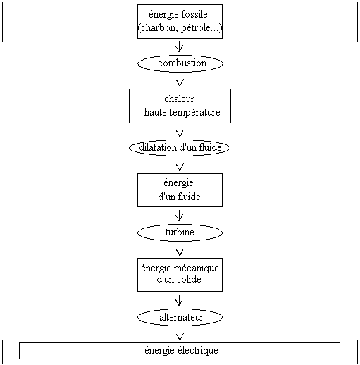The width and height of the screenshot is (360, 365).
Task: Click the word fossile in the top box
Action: (x=194, y=14)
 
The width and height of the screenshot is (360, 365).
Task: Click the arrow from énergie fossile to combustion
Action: (x=180, y=47)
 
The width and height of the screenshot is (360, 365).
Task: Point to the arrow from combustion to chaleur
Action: (x=180, y=80)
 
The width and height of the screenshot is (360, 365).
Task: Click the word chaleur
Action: (x=179, y=99)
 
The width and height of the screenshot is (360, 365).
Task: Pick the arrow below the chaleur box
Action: (x=180, y=131)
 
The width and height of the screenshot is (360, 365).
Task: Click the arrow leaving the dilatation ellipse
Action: (x=180, y=165)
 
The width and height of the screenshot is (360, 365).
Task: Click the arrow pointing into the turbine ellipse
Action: (x=180, y=216)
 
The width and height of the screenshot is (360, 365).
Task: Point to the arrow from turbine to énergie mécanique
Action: (x=180, y=250)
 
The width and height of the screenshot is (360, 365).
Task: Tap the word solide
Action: (x=189, y=279)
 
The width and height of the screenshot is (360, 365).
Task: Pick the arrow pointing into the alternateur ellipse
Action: (x=180, y=300)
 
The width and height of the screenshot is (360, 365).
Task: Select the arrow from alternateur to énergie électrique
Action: (x=180, y=335)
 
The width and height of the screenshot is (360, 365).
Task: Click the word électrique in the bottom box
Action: (x=197, y=351)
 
